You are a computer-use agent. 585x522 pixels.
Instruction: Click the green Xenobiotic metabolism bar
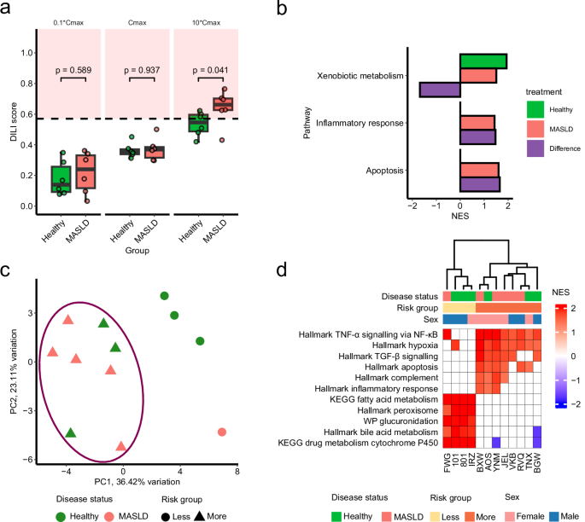coord(483,61)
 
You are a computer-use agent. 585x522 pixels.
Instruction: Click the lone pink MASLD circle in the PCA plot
coord(222,432)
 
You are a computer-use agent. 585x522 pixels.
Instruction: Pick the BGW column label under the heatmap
coord(538,461)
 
